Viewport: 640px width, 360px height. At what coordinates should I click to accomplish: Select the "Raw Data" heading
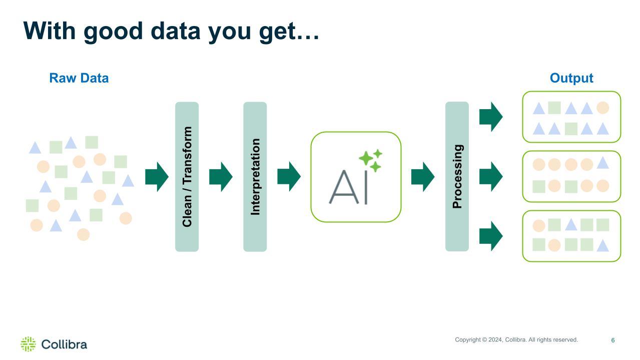[79, 78]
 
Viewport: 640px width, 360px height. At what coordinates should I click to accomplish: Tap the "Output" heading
[571, 78]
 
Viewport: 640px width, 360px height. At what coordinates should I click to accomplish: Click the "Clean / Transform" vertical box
[187, 176]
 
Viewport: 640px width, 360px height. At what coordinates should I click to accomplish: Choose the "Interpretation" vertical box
[255, 176]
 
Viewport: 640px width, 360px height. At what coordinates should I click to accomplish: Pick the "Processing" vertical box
[457, 176]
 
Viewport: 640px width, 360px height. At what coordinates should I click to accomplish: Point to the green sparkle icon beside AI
[370, 160]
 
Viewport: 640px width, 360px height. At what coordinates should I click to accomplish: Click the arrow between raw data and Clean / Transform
[157, 177]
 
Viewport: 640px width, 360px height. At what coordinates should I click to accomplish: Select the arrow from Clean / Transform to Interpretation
[221, 177]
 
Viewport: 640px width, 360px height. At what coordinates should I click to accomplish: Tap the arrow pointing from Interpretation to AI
[289, 177]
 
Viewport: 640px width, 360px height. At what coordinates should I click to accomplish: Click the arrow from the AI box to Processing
[423, 177]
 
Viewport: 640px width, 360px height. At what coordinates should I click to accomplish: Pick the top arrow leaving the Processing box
[491, 117]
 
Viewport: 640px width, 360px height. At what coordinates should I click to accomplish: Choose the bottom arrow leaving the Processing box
[491, 236]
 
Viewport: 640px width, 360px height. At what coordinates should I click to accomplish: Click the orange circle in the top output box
[602, 108]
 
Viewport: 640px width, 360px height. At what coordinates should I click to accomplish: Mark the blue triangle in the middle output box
[602, 163]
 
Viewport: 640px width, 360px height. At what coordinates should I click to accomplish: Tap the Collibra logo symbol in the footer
[28, 344]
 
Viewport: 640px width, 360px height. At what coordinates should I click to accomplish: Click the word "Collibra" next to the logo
[64, 344]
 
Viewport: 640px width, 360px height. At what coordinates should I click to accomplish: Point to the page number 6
[612, 340]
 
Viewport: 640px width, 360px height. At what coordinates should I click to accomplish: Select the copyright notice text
[516, 340]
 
